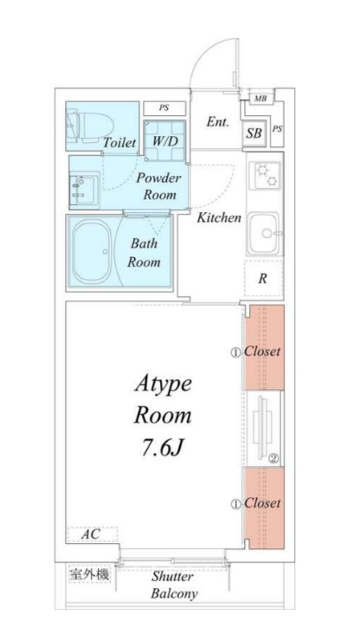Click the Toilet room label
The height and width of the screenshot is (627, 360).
click(x=119, y=142)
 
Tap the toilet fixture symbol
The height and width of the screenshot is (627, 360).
click(x=89, y=126)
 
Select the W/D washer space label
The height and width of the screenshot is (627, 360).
click(x=165, y=141)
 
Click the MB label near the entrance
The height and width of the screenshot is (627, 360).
click(x=260, y=98)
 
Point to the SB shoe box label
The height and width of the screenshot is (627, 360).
click(x=254, y=133)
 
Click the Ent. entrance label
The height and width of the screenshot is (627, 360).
click(x=218, y=121)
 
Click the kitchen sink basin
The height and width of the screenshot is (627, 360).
click(x=264, y=233)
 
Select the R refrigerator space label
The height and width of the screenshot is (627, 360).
click(x=262, y=279)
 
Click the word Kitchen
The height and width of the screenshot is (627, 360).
click(x=219, y=217)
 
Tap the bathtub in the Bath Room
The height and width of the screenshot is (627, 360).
click(x=93, y=252)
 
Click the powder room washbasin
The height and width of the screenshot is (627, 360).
click(x=83, y=190)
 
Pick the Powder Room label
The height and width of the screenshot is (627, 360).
click(x=159, y=186)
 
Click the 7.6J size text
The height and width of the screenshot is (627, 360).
click(x=162, y=448)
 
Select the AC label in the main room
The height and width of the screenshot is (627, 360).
click(x=90, y=533)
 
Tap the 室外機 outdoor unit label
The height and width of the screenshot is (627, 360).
click(x=89, y=575)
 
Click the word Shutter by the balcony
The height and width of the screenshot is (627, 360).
click(x=172, y=576)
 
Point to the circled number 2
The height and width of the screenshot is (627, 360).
click(x=273, y=459)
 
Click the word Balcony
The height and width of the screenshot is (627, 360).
click(x=174, y=594)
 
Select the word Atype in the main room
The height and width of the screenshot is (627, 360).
click(x=164, y=385)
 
